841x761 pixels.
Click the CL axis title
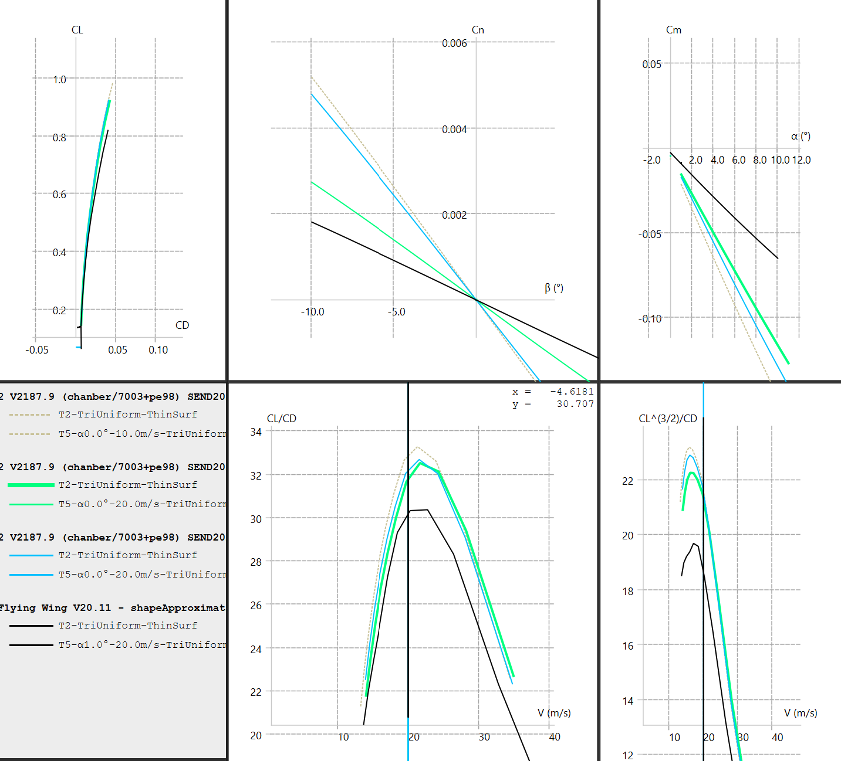click(x=77, y=30)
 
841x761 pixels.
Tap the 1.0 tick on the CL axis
click(x=59, y=80)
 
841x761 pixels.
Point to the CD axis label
click(x=182, y=325)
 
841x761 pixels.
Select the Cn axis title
click(x=478, y=30)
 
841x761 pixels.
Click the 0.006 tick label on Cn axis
click(x=454, y=43)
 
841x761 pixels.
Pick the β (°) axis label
click(x=553, y=288)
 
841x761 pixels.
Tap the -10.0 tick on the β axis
click(x=312, y=312)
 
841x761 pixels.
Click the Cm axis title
click(x=673, y=30)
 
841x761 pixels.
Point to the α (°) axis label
click(x=801, y=137)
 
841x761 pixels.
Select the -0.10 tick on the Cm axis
click(x=650, y=319)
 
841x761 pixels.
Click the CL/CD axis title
click(x=282, y=419)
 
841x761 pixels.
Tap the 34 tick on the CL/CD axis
click(x=256, y=432)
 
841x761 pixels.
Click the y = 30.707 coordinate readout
click(x=553, y=404)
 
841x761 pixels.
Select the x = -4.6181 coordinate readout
click(x=553, y=392)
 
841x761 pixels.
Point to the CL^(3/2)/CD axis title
click(x=667, y=419)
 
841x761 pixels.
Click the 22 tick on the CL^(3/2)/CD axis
click(x=627, y=481)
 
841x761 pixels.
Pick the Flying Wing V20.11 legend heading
click(x=112, y=607)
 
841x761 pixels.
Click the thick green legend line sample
click(x=31, y=485)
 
